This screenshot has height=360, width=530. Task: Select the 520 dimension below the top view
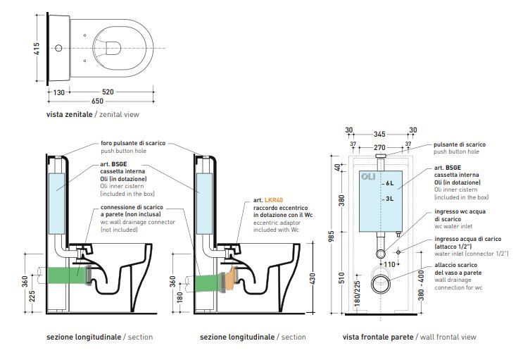109,92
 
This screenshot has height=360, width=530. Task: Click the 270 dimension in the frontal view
380,147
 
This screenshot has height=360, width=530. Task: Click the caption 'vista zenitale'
69,113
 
